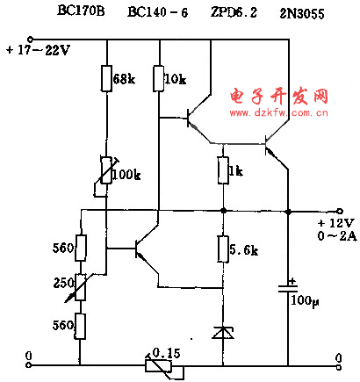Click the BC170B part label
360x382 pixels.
[81, 11]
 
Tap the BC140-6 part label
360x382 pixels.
[158, 12]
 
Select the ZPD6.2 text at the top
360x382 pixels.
[234, 12]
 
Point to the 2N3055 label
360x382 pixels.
[302, 14]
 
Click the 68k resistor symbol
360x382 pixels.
[106, 78]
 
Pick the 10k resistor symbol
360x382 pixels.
[159, 78]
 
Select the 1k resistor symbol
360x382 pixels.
[223, 170]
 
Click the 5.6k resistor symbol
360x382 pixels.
[223, 249]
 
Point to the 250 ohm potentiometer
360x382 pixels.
[81, 287]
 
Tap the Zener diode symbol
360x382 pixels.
[223, 333]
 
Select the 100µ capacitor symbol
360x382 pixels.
[288, 287]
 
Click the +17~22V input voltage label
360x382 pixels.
[38, 50]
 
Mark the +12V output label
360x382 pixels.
[336, 223]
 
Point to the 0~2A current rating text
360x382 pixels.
[337, 235]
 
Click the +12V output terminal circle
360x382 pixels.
[340, 211]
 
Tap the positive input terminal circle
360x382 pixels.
[30, 39]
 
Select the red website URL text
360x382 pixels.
[278, 112]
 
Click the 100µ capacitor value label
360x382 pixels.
[305, 301]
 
